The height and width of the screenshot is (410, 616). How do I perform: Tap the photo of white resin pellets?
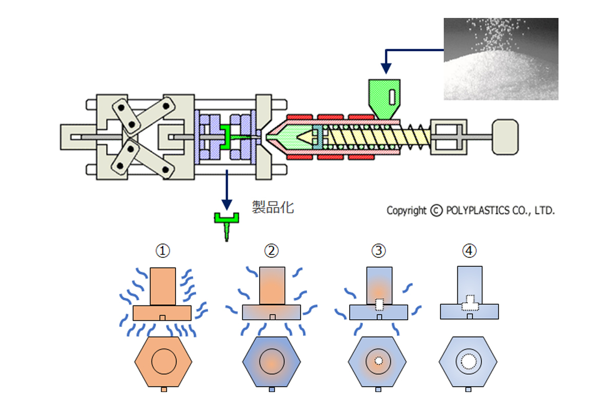500,58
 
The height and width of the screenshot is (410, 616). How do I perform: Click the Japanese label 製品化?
273,207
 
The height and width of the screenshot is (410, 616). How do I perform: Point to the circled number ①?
163,251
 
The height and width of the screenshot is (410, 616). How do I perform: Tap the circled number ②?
271,251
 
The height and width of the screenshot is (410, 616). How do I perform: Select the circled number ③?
379,251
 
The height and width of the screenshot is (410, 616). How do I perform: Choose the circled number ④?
469,251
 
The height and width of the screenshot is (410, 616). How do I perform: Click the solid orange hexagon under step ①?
163,361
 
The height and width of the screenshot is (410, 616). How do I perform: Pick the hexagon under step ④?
469,361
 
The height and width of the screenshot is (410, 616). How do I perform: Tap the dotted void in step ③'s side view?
379,304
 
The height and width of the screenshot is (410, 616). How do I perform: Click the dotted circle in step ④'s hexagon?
469,361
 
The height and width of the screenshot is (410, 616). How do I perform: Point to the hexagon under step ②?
271,361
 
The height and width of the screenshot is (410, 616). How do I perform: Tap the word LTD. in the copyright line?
545,211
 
